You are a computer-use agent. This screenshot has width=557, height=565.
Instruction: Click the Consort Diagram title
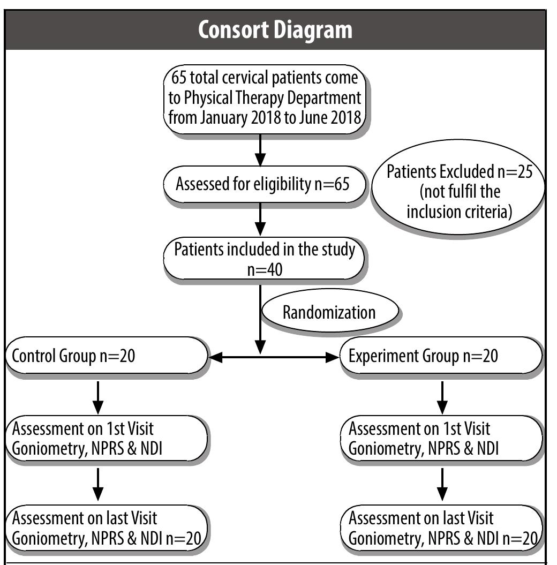click(276, 31)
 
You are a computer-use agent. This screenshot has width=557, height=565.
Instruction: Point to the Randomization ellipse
click(329, 312)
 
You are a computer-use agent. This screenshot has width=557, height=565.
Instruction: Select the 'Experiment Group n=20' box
click(441, 356)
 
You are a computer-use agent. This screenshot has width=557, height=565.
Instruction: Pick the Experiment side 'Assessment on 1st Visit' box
click(441, 438)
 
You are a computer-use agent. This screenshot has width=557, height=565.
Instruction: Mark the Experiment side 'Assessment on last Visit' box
click(441, 527)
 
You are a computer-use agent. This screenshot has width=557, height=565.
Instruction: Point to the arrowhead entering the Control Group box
click(215, 357)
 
